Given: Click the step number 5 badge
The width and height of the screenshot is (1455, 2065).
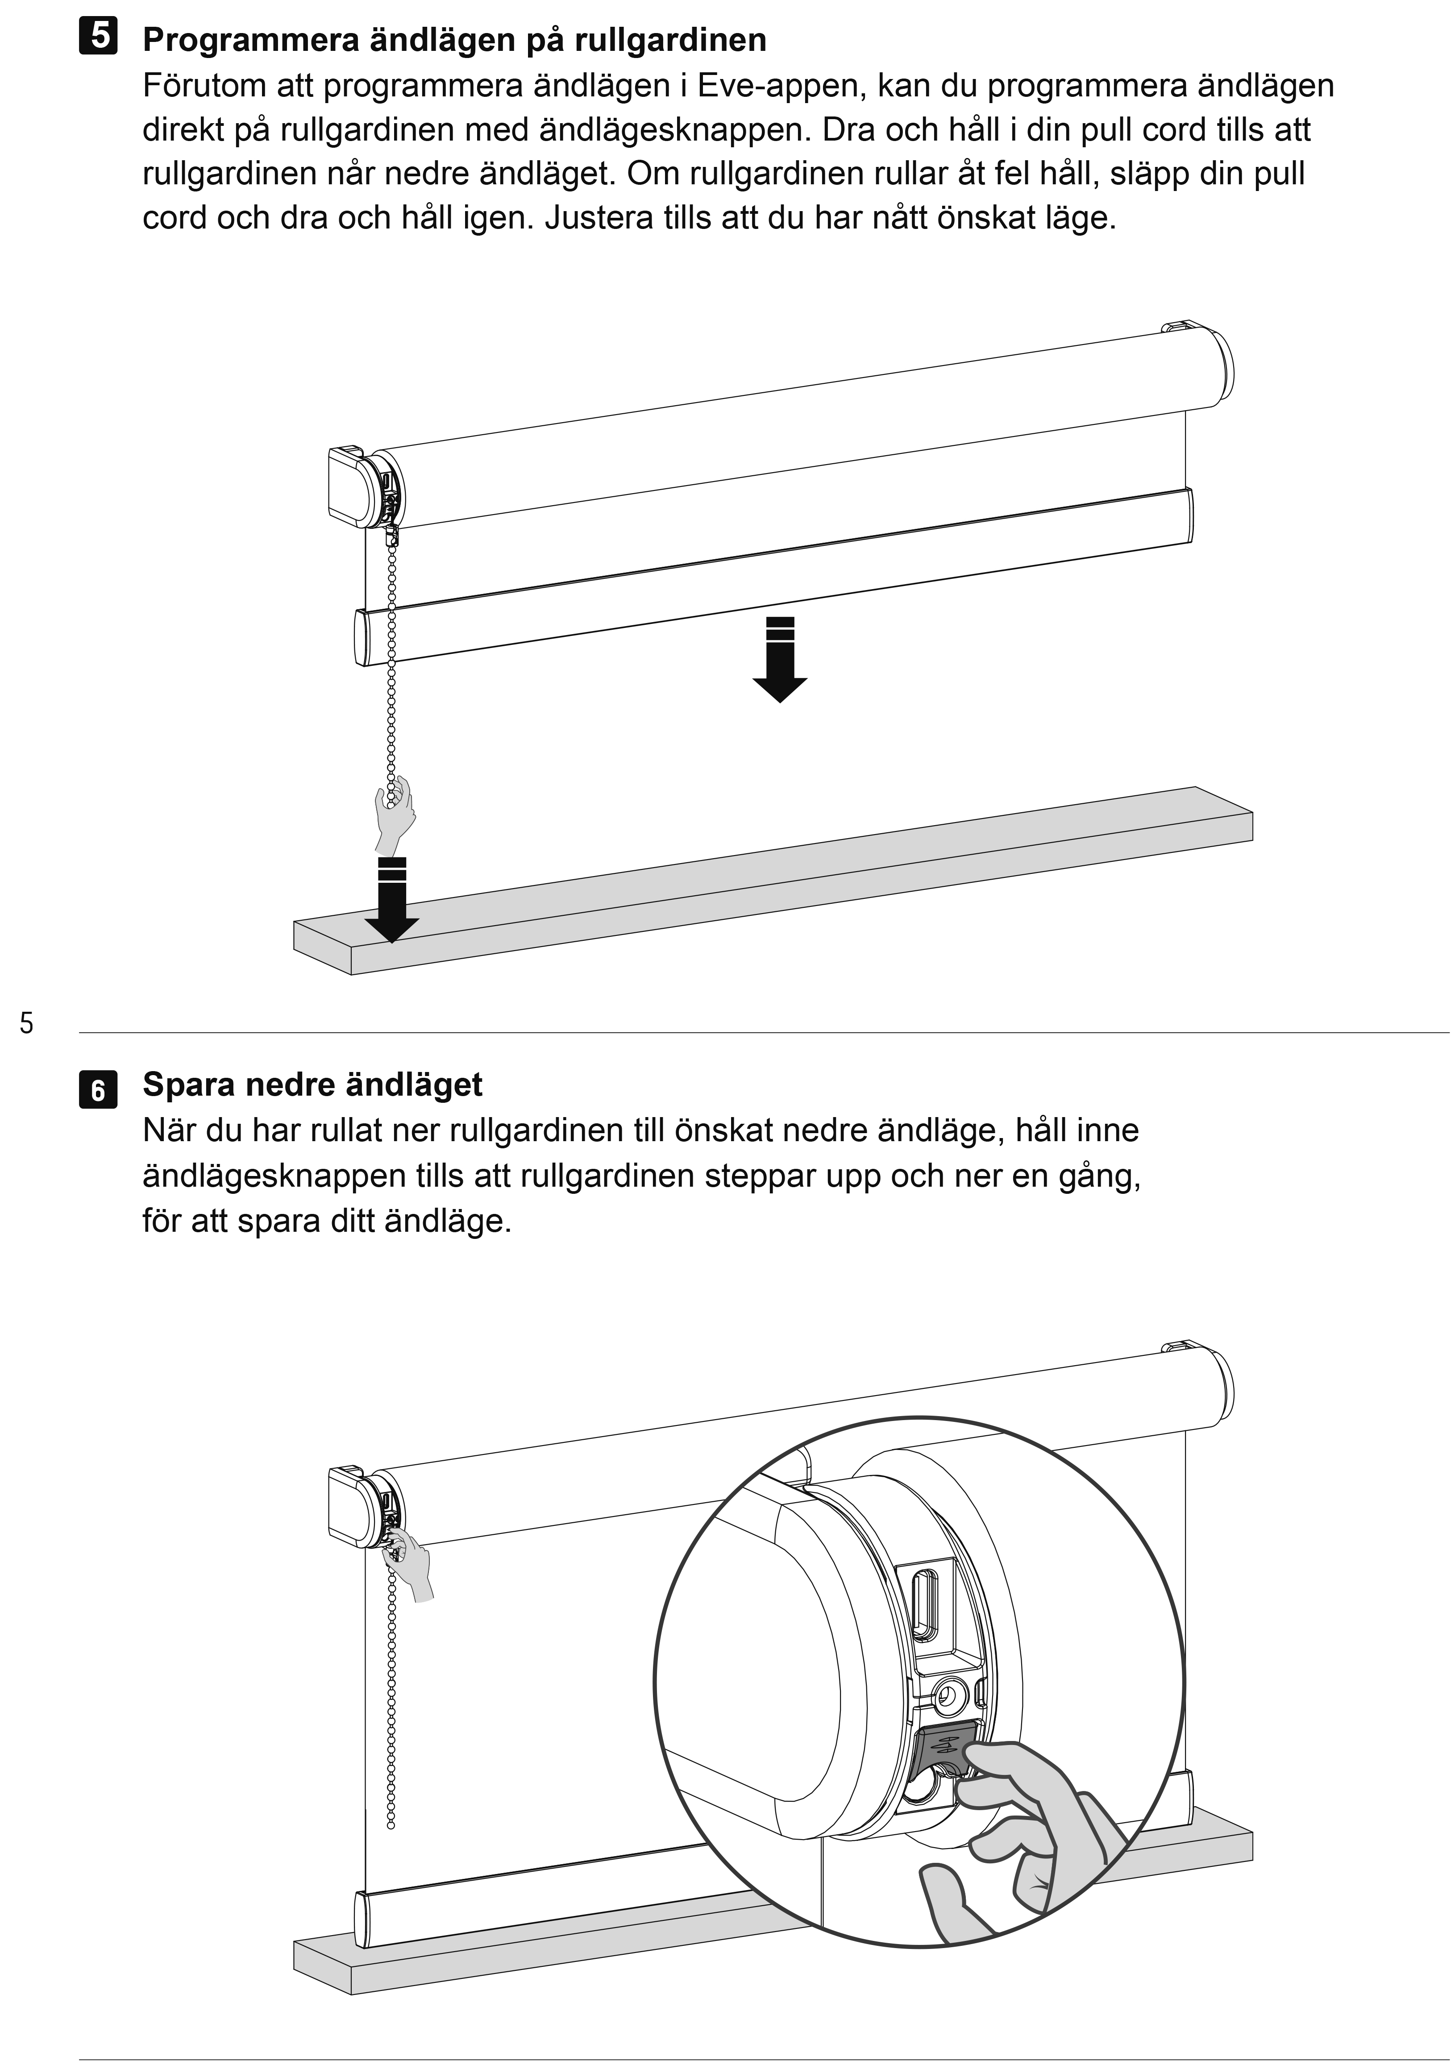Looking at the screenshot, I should tap(98, 38).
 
